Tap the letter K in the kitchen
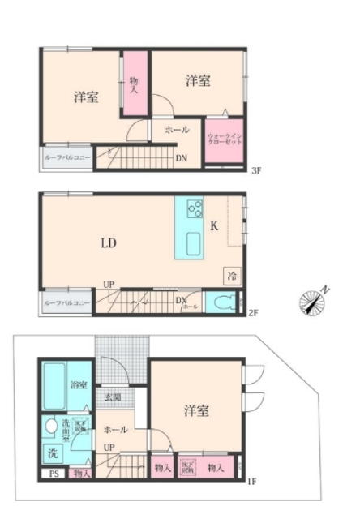click(215, 226)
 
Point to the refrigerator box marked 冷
click(232, 276)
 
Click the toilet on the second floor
click(225, 303)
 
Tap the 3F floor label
click(256, 170)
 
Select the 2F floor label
click(253, 312)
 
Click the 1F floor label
click(252, 482)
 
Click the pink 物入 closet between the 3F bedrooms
click(134, 84)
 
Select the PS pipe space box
click(54, 474)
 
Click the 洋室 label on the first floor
click(197, 411)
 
